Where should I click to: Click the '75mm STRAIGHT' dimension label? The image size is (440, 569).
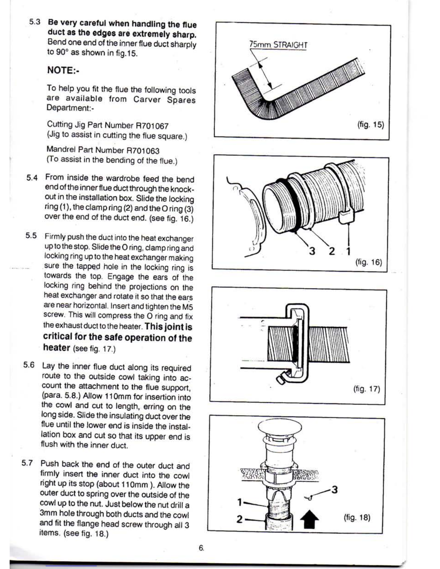(x=278, y=45)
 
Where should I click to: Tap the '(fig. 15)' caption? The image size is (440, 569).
(x=371, y=125)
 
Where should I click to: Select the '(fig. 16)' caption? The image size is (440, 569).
(x=368, y=262)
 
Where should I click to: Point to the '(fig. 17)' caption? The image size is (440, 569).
(x=366, y=389)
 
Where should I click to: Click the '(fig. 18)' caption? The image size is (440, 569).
(x=357, y=518)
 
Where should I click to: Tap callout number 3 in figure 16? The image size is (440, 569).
(x=312, y=251)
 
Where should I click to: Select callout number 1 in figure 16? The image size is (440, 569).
(x=348, y=251)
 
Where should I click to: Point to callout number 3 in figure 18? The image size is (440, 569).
(x=335, y=490)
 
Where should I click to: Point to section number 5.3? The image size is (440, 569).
(x=35, y=22)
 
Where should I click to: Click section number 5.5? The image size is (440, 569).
(x=31, y=236)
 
